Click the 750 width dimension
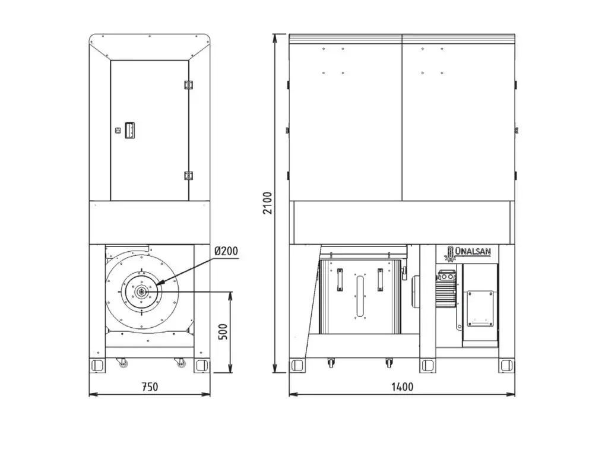[x=150, y=387]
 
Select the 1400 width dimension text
[x=402, y=387]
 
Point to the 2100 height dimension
[x=268, y=203]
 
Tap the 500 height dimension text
[x=223, y=331]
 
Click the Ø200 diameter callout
[x=226, y=251]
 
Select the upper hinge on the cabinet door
[x=189, y=85]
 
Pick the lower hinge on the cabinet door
[x=189, y=176]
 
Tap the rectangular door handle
[x=129, y=130]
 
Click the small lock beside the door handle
[x=118, y=131]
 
